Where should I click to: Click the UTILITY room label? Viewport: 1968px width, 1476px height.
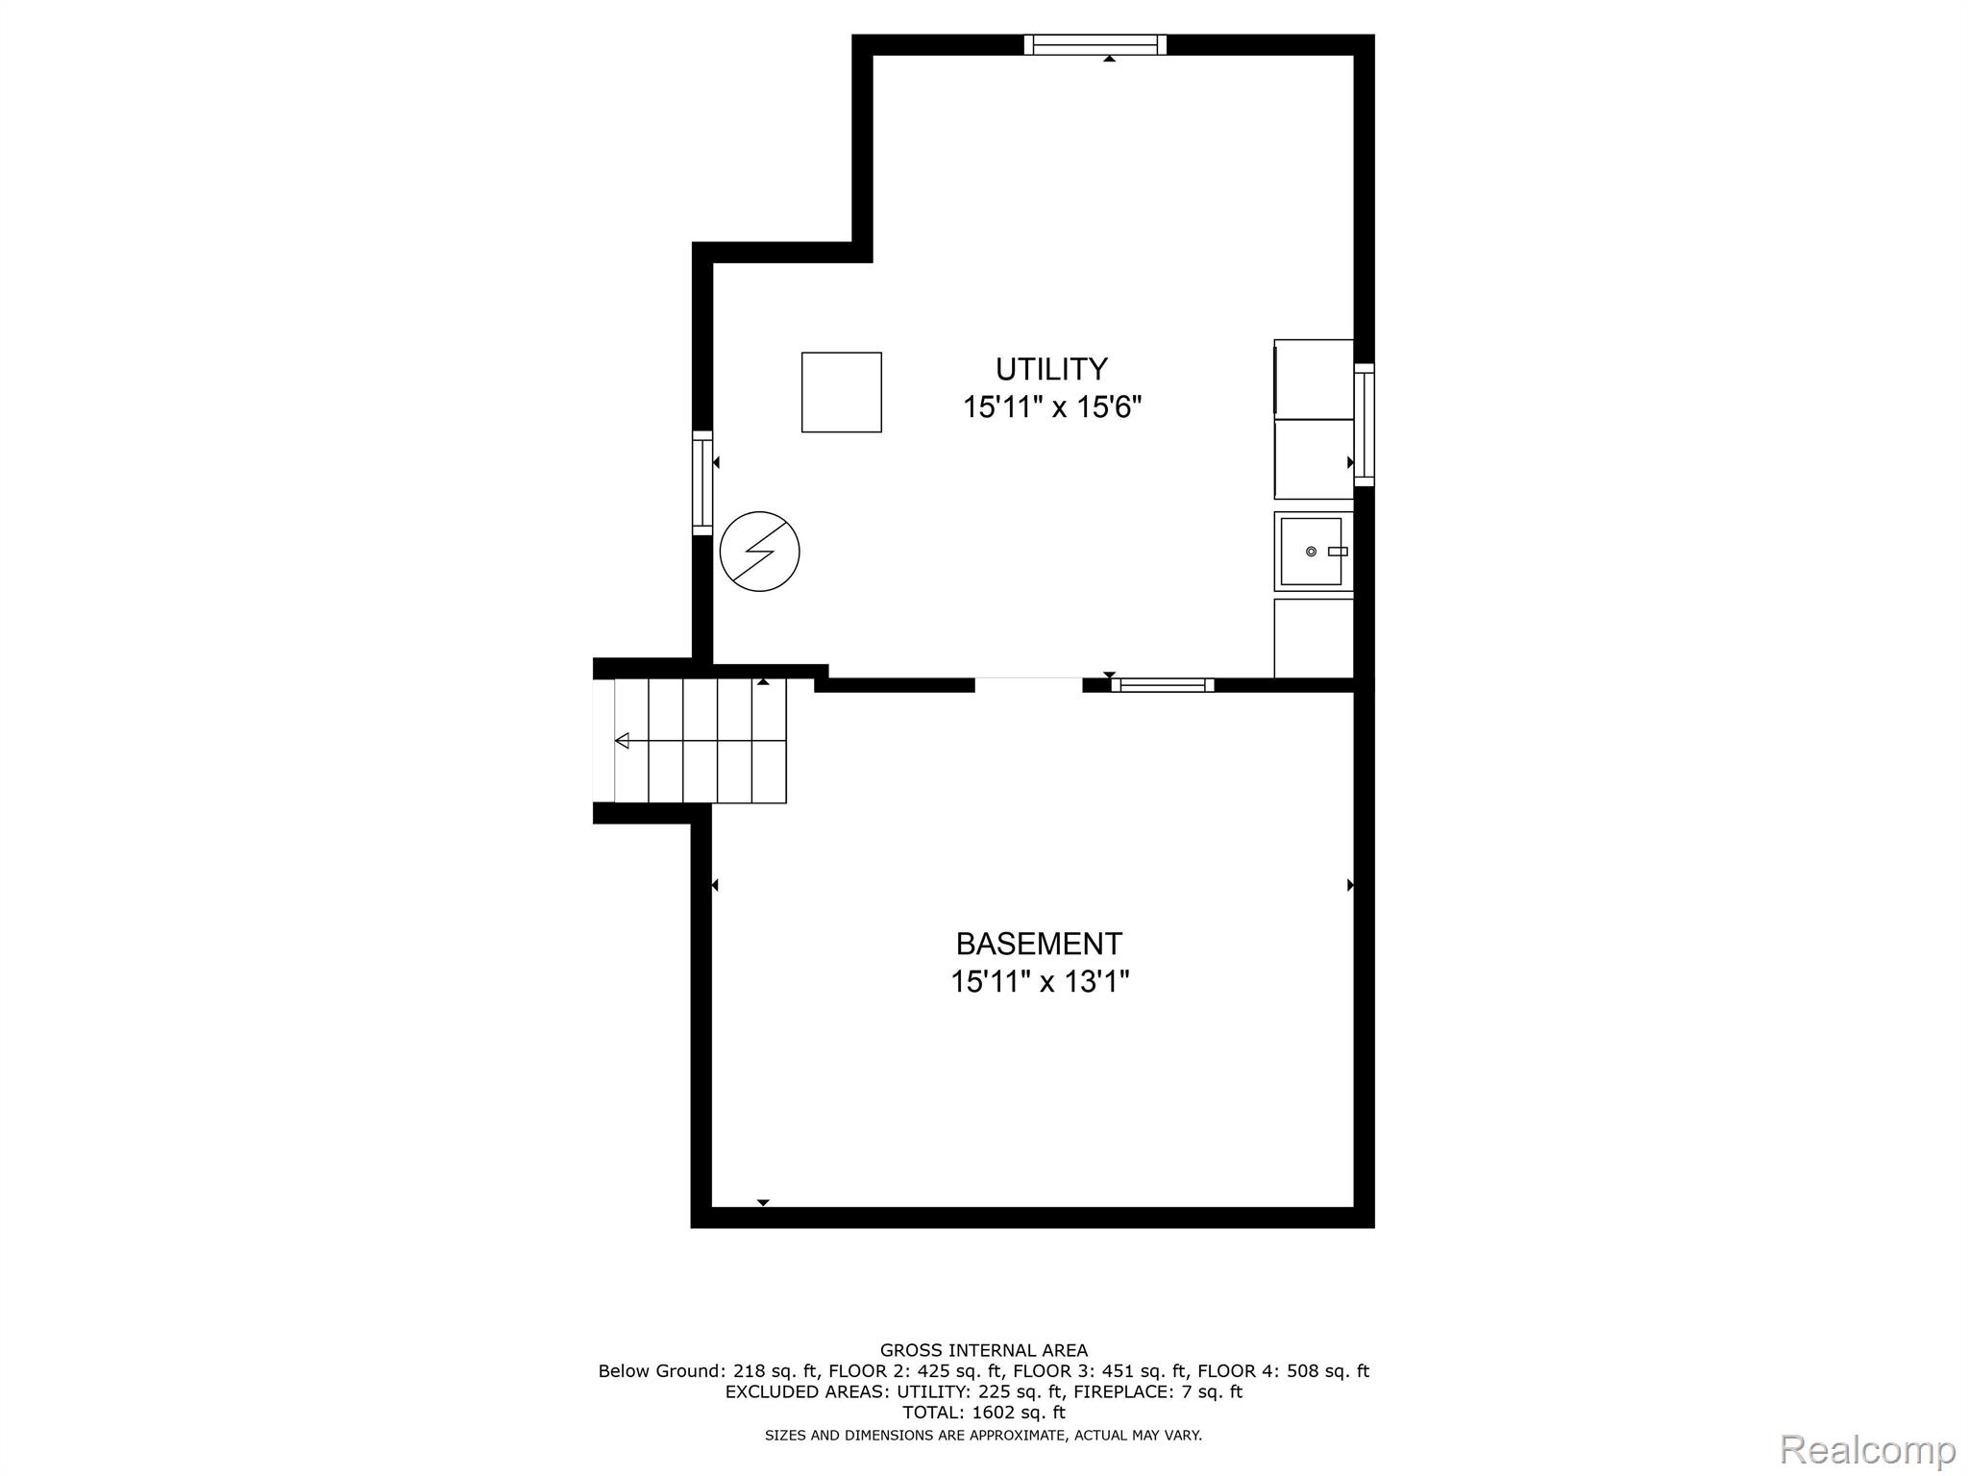pyautogui.click(x=1051, y=369)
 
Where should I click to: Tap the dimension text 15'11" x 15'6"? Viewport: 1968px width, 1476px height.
pyautogui.click(x=1051, y=407)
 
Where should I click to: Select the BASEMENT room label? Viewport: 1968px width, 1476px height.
pyautogui.click(x=1039, y=944)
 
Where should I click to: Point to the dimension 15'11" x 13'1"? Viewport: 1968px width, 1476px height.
pyautogui.click(x=1039, y=982)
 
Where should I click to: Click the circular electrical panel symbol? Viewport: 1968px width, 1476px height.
pyautogui.click(x=759, y=552)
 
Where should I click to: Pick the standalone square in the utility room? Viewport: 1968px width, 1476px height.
pyautogui.click(x=842, y=392)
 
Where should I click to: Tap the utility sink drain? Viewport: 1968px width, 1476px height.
pyautogui.click(x=1311, y=552)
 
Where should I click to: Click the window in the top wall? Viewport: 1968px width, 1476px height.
pyautogui.click(x=1095, y=44)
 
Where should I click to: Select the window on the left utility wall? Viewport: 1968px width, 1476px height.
pyautogui.click(x=702, y=482)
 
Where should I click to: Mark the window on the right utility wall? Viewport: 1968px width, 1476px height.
pyautogui.click(x=1364, y=425)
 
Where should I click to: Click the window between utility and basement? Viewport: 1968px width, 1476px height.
pyautogui.click(x=1163, y=685)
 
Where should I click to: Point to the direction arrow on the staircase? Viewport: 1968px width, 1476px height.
pyautogui.click(x=623, y=741)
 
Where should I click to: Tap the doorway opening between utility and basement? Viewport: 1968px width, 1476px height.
pyautogui.click(x=1028, y=684)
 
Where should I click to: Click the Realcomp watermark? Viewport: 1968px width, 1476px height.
pyautogui.click(x=1867, y=1449)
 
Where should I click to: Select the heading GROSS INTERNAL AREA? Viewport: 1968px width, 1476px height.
pyautogui.click(x=984, y=1350)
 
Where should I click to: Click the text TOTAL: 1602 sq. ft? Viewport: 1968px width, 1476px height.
pyautogui.click(x=984, y=1413)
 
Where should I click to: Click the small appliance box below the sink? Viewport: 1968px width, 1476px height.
pyautogui.click(x=1313, y=638)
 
